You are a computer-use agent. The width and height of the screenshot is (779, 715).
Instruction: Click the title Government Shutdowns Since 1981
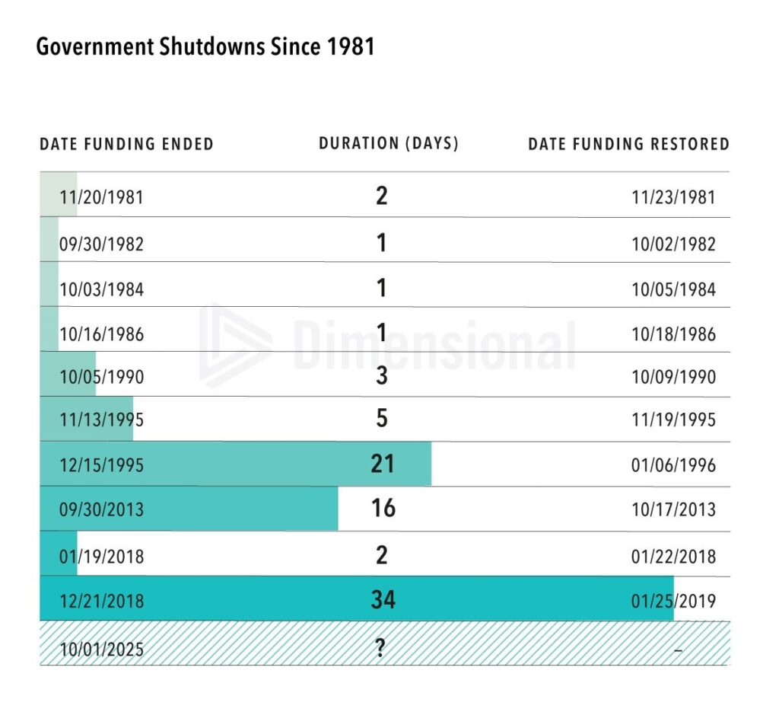click(205, 47)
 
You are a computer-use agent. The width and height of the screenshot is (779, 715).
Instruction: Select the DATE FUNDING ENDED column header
click(126, 144)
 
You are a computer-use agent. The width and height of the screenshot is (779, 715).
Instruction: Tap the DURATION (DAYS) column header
click(389, 143)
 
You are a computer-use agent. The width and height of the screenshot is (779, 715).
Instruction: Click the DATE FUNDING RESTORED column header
click(628, 144)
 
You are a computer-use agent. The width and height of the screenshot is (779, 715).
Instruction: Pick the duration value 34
click(383, 599)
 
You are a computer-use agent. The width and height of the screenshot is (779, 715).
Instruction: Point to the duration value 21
click(383, 464)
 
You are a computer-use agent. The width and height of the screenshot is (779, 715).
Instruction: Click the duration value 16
click(383, 508)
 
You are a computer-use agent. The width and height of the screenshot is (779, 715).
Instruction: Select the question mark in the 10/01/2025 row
click(380, 647)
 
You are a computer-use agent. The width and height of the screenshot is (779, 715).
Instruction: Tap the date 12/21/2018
click(101, 601)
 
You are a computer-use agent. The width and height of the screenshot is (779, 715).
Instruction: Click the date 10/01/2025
click(101, 650)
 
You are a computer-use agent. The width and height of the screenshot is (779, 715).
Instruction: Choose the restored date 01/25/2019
click(673, 601)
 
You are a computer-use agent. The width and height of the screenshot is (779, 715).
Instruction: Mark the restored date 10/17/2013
click(673, 509)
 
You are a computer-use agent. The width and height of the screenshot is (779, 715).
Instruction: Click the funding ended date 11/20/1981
click(101, 197)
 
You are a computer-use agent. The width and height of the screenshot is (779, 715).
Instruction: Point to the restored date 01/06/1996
click(673, 465)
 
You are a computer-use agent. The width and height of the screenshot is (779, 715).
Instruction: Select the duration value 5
click(382, 419)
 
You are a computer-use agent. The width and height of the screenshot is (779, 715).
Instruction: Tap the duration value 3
click(382, 376)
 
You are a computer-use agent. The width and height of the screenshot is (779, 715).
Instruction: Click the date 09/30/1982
click(101, 244)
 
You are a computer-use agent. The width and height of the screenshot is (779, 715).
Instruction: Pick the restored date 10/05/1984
click(673, 289)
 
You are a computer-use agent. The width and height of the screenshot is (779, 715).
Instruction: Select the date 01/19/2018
click(101, 556)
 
